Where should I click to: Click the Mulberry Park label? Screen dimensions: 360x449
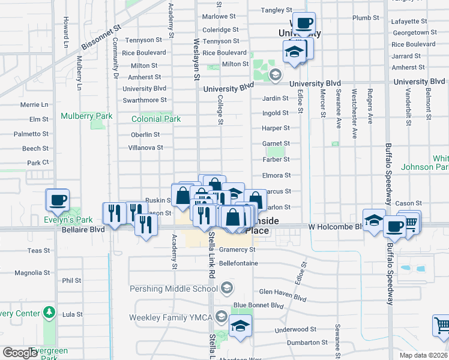coord(86,116)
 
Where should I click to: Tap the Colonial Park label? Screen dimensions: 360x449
coord(156,119)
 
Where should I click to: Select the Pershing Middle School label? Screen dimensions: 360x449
coord(173,289)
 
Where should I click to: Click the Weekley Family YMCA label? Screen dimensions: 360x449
coord(171,317)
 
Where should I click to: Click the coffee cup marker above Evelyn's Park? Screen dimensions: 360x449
coord(58,199)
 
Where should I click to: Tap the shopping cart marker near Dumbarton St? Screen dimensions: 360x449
coord(442,325)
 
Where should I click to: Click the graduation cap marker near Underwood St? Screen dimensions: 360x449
coord(240,326)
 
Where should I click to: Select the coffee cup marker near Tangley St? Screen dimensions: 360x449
coord(304,23)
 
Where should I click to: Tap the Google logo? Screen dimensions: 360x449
coord(20,353)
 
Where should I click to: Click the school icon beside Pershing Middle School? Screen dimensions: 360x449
coord(226,289)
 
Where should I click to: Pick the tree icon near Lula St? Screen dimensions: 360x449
coord(49,313)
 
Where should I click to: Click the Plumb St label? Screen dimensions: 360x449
coord(366,18)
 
